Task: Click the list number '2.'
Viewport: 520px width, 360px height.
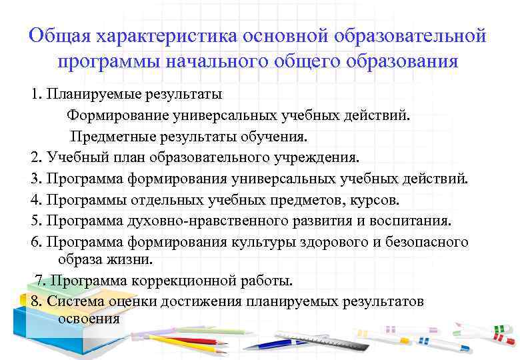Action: pyautogui.click(x=37, y=158)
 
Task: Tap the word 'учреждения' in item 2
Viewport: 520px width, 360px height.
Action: pyautogui.click(x=320, y=158)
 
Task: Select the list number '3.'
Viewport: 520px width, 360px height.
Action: pyautogui.click(x=37, y=179)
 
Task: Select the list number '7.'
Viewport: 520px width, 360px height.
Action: pyautogui.click(x=40, y=280)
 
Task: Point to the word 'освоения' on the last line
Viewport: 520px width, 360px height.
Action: pyautogui.click(x=89, y=318)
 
